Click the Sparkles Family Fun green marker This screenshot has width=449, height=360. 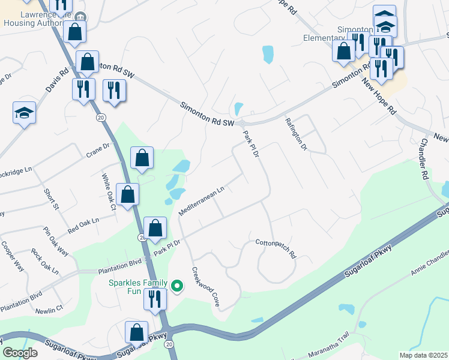point(176,286)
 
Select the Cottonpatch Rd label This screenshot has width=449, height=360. point(276,248)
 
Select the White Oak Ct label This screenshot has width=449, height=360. point(108,192)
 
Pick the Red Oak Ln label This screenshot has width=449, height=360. point(83,226)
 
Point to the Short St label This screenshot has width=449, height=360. point(52,199)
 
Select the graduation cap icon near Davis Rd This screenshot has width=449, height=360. point(25,113)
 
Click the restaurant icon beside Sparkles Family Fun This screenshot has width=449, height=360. point(155,298)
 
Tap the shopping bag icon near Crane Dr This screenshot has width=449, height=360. point(142,158)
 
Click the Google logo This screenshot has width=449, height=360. point(20,352)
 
